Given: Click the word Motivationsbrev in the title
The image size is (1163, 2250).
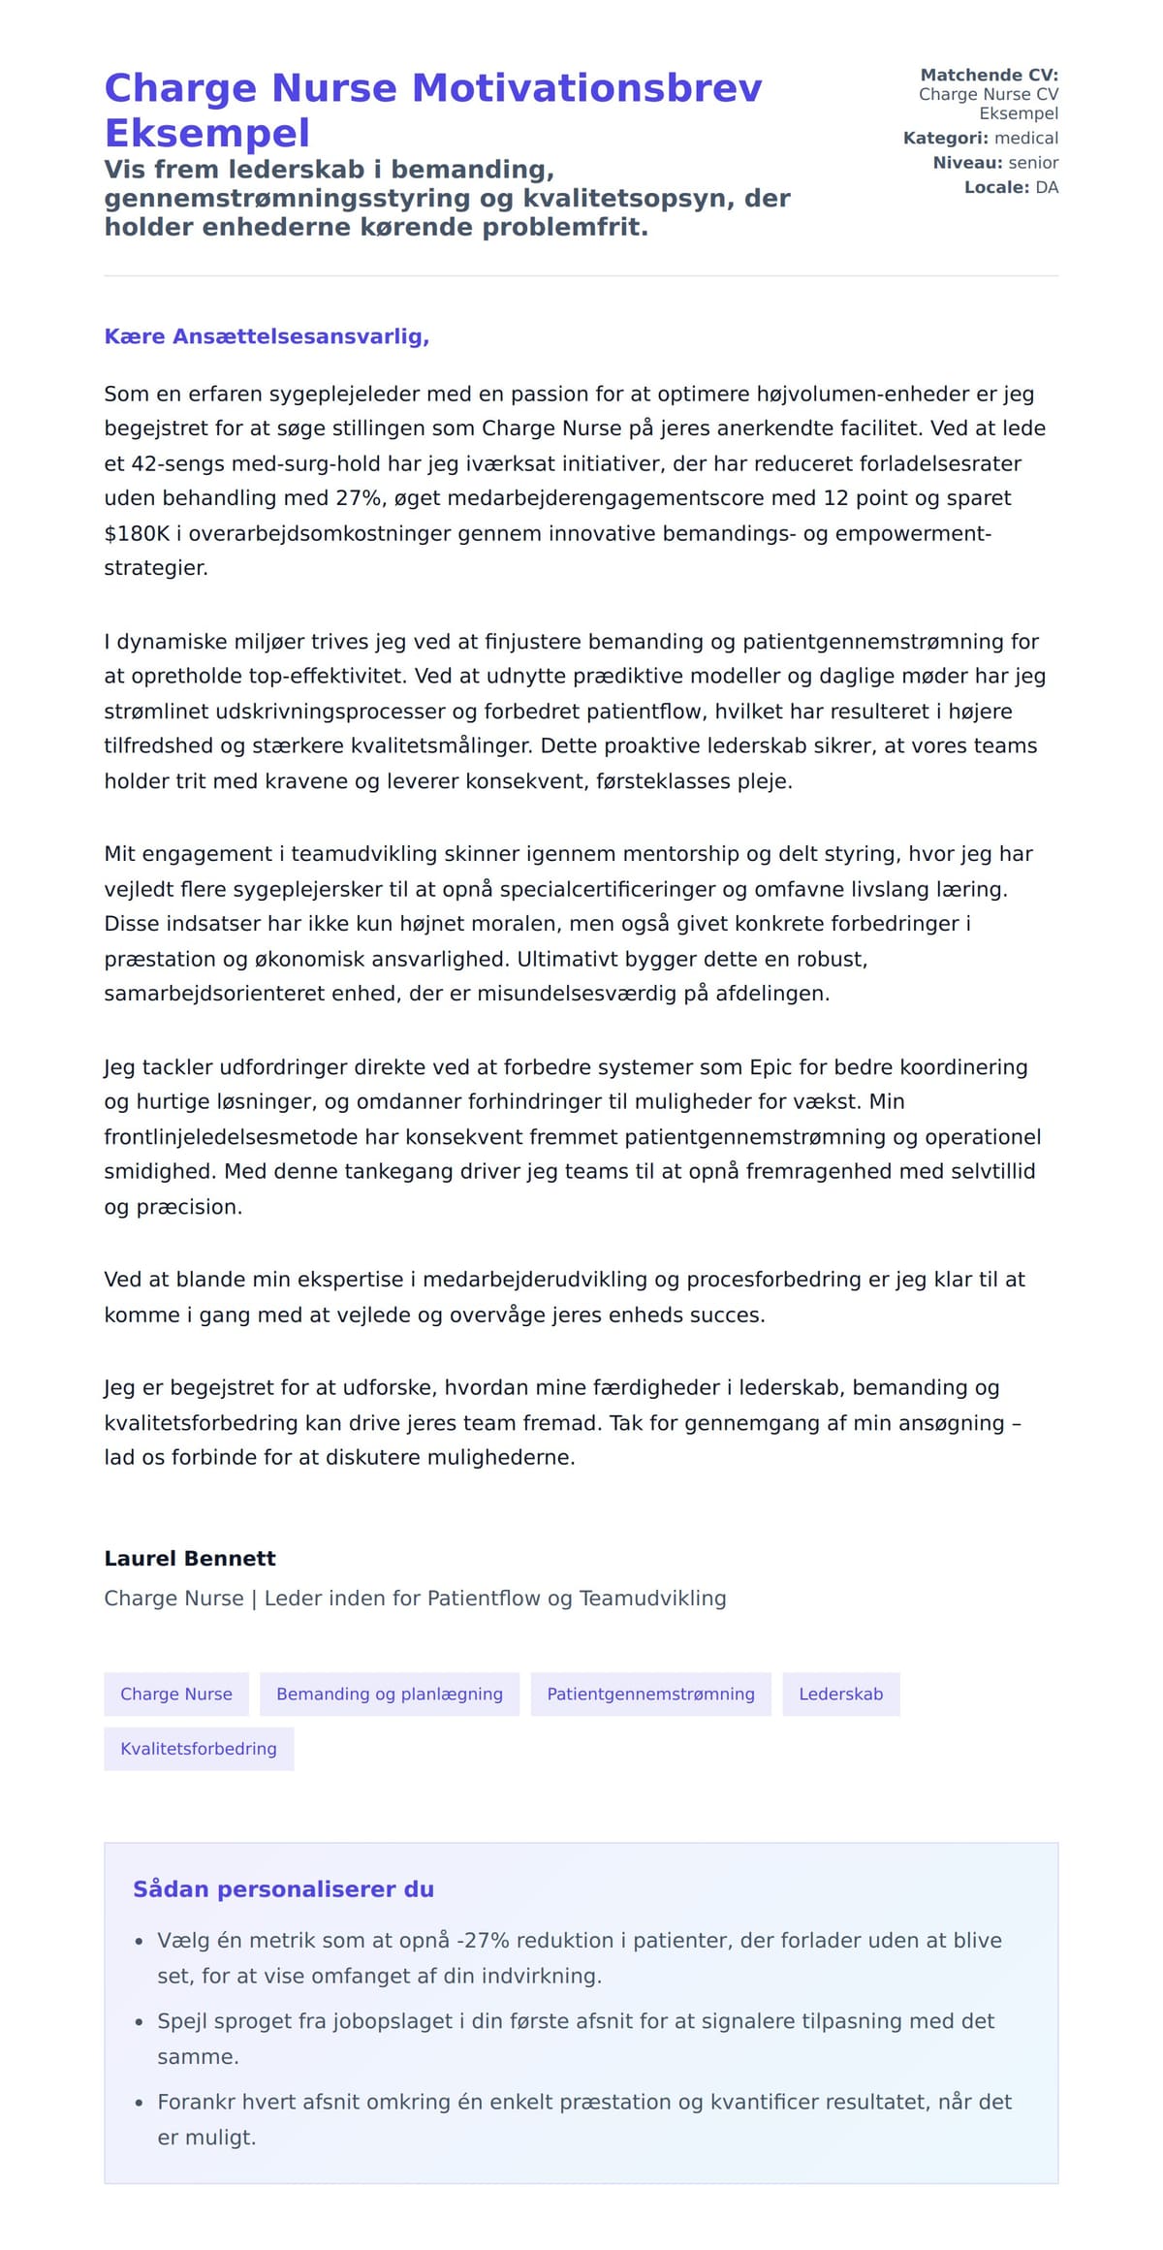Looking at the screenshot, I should pos(586,88).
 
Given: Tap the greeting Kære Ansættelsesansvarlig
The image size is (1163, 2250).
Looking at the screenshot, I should pos(267,336).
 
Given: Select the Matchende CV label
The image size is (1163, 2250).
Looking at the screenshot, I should pos(989,75).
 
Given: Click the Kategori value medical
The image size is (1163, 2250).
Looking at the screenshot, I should pos(1026,138).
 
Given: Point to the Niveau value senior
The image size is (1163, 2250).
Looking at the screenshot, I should pos(1033,163).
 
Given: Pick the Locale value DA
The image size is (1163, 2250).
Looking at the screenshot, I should pos(1047,187).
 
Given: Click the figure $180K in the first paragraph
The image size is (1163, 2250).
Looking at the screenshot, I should pos(137,533).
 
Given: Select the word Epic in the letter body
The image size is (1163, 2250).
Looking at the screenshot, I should pos(771,1067).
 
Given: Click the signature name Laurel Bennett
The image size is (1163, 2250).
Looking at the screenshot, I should pos(190,1559).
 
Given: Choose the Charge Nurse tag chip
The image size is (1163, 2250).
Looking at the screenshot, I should pos(176,1695).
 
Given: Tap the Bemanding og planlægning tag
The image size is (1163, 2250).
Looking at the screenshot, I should pos(390,1695).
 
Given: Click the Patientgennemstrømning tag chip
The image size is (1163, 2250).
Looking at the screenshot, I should pos(650,1695).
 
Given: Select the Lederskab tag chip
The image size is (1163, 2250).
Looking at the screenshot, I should pos(841,1695).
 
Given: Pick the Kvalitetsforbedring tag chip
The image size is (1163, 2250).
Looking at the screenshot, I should pos(199,1749).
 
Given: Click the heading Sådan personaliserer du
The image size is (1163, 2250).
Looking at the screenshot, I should pos(283,1889).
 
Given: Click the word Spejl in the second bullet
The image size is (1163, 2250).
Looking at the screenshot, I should pos(181,2021).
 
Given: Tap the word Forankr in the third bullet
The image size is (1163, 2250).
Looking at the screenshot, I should pos(198,2102).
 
